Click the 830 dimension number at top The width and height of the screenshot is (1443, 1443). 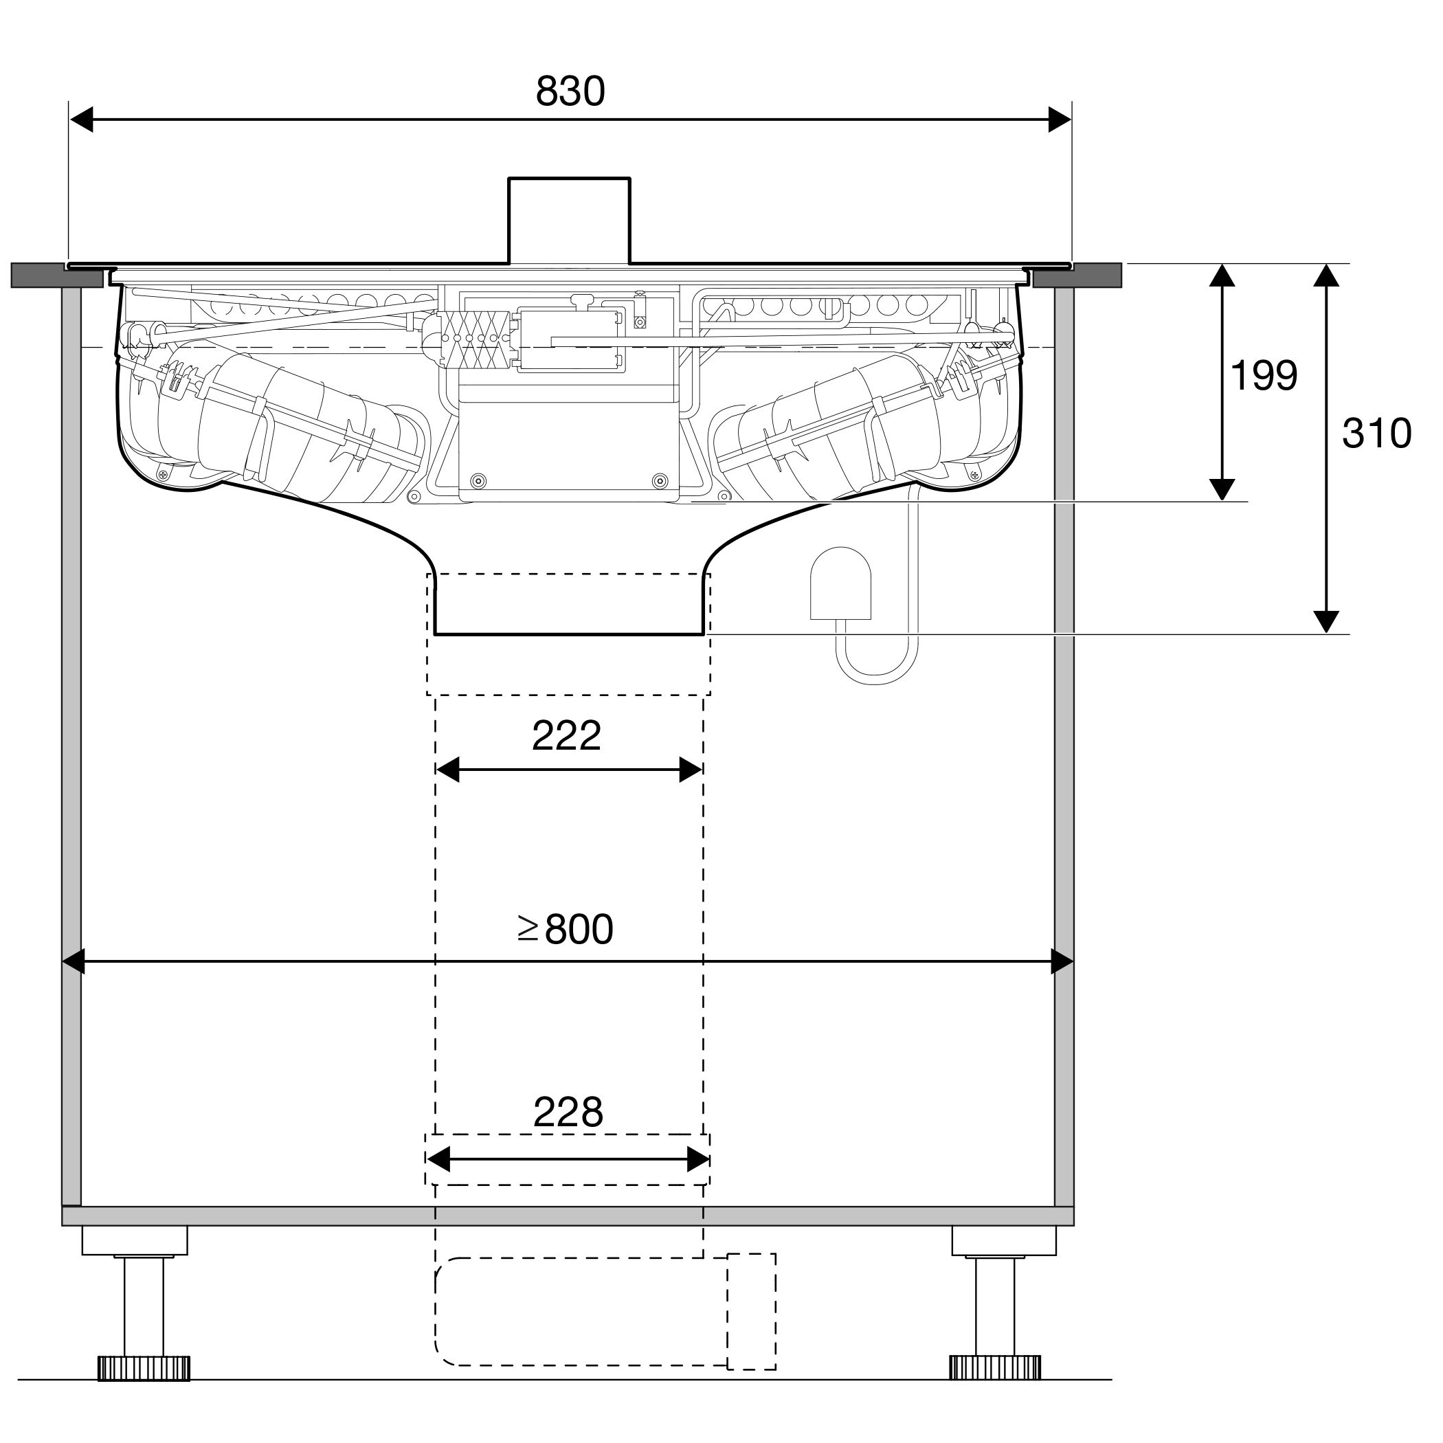(x=570, y=92)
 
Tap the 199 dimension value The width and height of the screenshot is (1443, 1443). (x=1264, y=376)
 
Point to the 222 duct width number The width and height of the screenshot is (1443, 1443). (x=566, y=736)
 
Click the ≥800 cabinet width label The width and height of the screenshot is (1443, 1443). (x=566, y=929)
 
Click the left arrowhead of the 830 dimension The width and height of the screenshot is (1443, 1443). (x=80, y=120)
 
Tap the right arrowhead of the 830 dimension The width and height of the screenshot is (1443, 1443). (x=1060, y=120)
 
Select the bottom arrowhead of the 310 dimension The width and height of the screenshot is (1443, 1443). (x=1325, y=621)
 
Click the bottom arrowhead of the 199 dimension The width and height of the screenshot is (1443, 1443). (x=1221, y=489)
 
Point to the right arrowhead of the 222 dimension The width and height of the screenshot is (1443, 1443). (x=690, y=770)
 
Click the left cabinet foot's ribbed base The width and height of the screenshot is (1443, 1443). (x=144, y=1367)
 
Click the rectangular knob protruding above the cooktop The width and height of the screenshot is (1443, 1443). (x=569, y=221)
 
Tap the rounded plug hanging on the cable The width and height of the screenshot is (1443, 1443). (x=841, y=583)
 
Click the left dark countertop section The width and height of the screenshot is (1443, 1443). (x=58, y=276)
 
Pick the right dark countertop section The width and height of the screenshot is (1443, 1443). (x=1077, y=276)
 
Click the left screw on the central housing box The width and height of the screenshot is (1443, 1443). (x=479, y=481)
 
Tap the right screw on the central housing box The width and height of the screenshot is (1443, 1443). (x=660, y=481)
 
